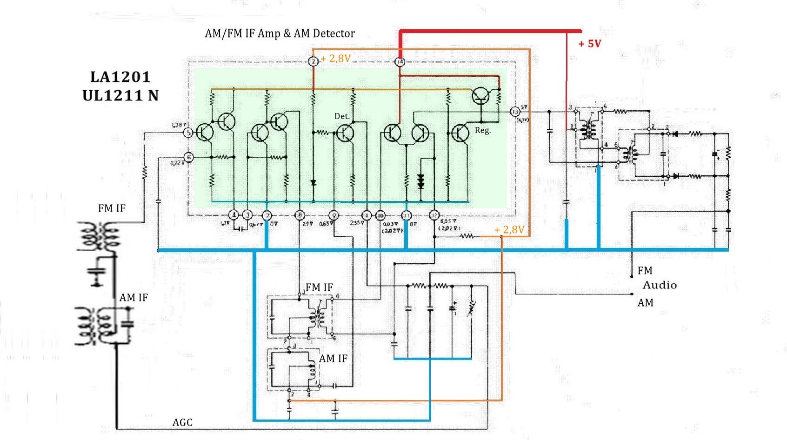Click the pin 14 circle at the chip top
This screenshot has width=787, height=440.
point(400,61)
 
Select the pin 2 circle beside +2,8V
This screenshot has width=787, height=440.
point(313,61)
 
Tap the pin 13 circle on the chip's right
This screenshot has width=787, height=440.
point(515,112)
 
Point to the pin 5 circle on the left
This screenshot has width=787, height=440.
point(188,133)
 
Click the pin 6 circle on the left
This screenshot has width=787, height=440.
point(189,157)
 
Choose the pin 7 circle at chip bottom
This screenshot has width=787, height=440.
point(267,215)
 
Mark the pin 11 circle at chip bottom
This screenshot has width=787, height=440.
point(407,215)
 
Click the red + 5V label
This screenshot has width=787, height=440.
point(590,44)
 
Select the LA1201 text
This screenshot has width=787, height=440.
point(120,77)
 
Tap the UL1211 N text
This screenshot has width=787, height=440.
point(120,95)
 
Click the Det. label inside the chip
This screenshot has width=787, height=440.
point(342,116)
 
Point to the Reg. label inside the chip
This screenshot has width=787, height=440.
point(482,131)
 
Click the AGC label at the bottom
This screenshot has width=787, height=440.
point(182,422)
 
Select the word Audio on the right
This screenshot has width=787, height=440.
point(660,285)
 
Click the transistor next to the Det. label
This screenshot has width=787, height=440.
point(345,133)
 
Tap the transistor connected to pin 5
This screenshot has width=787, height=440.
point(204,132)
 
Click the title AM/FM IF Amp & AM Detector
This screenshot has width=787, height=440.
point(280,33)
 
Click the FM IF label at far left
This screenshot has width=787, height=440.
point(112,208)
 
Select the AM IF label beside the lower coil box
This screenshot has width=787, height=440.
point(333,359)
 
